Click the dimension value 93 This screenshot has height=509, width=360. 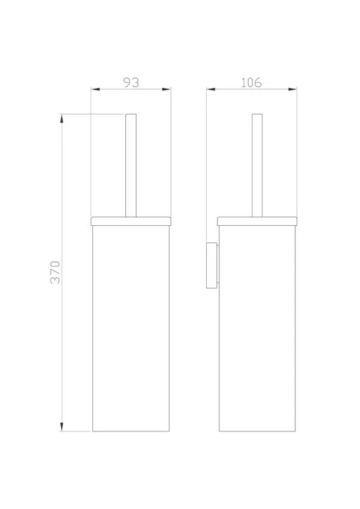tap(131, 83)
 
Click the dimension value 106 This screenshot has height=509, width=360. tap(251, 83)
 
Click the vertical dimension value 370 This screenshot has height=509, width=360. tap(55, 272)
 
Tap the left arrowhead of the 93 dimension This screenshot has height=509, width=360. tap(95, 89)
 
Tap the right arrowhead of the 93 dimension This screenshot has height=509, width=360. tap(167, 89)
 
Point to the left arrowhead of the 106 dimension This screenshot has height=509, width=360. tap(211, 89)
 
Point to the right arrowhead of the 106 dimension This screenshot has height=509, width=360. tap(293, 89)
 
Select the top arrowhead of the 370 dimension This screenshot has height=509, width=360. tap(62, 118)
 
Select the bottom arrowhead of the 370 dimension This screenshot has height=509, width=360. tap(62, 427)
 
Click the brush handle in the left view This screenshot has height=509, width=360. tap(131, 165)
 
